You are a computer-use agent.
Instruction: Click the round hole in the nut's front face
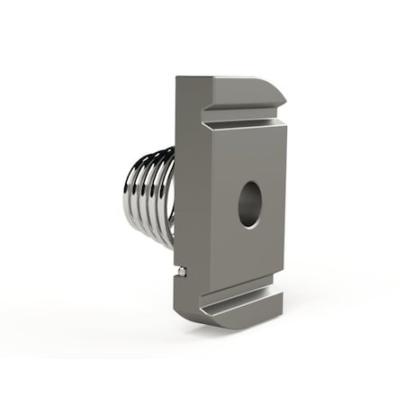pos(249,204)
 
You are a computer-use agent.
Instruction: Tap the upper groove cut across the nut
pos(243,116)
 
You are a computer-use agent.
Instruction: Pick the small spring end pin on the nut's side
pos(182,270)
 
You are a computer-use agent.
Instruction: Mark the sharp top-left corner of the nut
pos(178,77)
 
